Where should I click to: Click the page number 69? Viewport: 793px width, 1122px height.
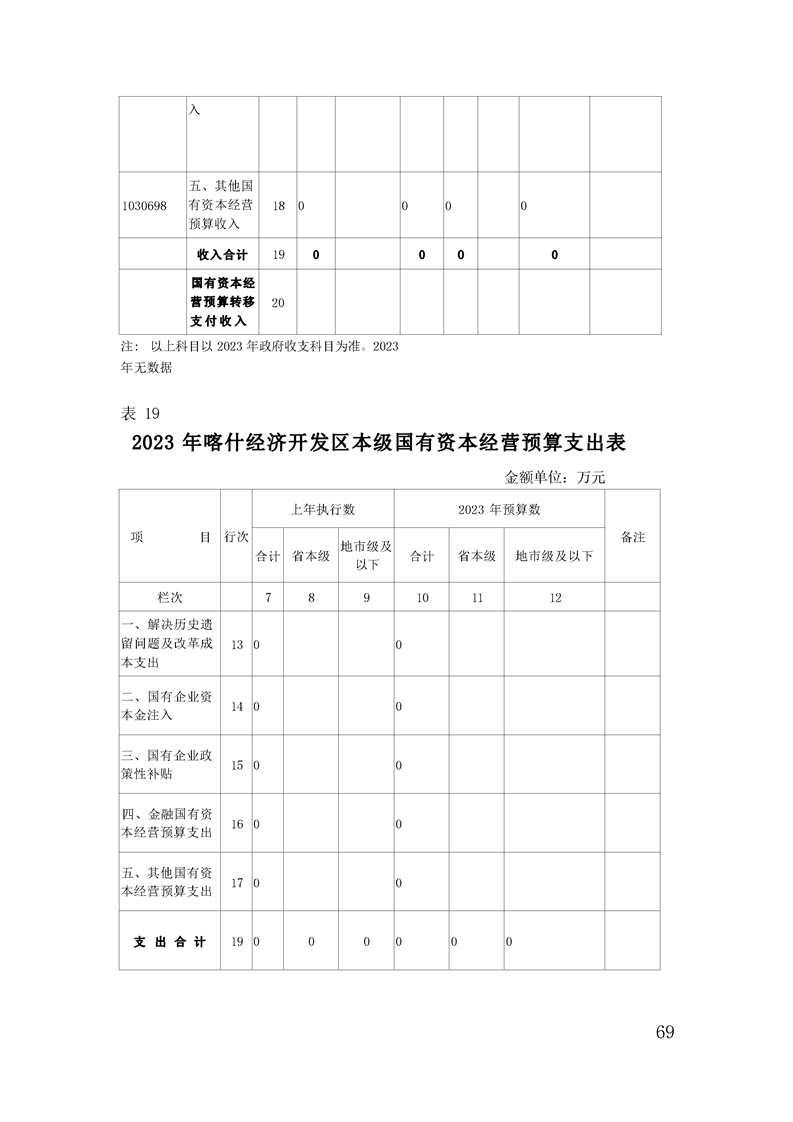click(665, 1032)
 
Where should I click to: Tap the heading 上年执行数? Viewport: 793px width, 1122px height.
click(322, 509)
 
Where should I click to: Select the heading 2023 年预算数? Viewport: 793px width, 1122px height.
click(499, 509)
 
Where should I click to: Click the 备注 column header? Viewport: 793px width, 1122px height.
click(632, 537)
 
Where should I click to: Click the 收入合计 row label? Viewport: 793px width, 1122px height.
click(222, 255)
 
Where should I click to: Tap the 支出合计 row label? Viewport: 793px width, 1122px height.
click(169, 942)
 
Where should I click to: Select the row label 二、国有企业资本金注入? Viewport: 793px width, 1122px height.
click(166, 706)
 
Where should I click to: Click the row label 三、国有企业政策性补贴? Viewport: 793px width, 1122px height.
click(166, 765)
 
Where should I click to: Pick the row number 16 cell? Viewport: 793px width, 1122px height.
click(237, 824)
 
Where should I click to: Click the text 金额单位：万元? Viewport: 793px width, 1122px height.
click(555, 477)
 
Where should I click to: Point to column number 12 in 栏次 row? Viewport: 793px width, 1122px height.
click(555, 597)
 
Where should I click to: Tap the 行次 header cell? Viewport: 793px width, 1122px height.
click(237, 537)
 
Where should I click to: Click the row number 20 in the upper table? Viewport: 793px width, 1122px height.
click(278, 303)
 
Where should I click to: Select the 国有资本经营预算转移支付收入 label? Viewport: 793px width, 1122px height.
click(222, 302)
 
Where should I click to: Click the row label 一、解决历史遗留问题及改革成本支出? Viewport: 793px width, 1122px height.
click(166, 644)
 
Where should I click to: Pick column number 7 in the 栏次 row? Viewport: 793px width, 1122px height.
click(268, 597)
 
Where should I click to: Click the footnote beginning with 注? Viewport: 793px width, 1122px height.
click(260, 356)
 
